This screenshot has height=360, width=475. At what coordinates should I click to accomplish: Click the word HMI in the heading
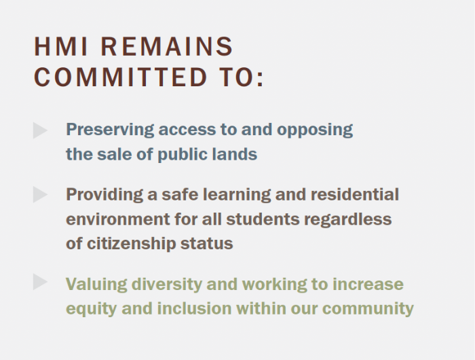tap(60, 46)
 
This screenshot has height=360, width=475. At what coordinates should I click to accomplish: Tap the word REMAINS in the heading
tap(167, 46)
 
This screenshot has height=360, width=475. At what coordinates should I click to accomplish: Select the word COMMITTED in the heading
tap(121, 77)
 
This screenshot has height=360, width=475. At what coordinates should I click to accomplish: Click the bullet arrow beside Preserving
tap(40, 130)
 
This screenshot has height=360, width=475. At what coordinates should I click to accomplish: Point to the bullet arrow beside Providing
tap(40, 194)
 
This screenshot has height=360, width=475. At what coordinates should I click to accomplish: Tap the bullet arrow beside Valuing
tap(40, 282)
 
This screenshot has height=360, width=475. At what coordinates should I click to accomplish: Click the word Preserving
tap(110, 130)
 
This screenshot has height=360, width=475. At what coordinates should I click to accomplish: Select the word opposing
tap(315, 130)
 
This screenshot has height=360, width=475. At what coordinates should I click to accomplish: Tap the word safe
tap(180, 194)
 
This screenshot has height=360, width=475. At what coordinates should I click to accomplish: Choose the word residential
tap(355, 194)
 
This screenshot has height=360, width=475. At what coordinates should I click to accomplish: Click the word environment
tap(118, 219)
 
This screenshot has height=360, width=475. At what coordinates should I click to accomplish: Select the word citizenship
tap(131, 244)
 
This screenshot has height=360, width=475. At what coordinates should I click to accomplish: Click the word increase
tap(368, 285)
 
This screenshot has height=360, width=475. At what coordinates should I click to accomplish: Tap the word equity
tap(91, 309)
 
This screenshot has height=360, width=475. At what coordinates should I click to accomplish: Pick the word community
tap(368, 309)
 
